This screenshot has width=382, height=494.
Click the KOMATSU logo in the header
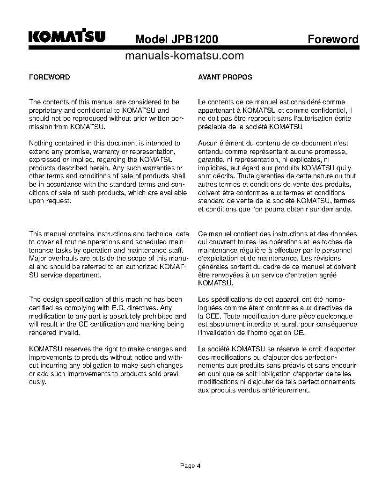(67, 37)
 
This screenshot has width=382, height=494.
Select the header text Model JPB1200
(176, 39)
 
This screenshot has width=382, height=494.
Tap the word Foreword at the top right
(333, 39)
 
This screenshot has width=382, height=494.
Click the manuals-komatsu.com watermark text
(185, 56)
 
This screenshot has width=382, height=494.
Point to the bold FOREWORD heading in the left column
(50, 77)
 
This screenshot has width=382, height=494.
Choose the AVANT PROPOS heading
(225, 77)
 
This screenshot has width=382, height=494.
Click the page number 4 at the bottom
(198, 465)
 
